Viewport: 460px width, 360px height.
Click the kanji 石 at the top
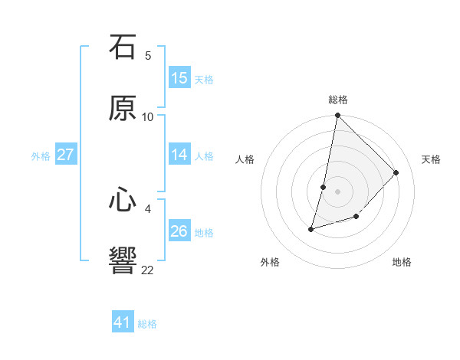coord(123,47)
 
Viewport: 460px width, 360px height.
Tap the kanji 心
coord(123,200)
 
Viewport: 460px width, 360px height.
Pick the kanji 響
coord(123,261)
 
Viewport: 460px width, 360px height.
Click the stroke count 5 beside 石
coord(148,56)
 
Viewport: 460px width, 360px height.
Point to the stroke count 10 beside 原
coord(148,117)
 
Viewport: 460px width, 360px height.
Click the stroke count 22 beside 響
coord(148,270)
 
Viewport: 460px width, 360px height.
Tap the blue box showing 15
coord(179,78)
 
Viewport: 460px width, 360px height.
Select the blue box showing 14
coord(179,155)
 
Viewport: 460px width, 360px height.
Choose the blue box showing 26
coord(179,231)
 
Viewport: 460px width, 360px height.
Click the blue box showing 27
coord(65,155)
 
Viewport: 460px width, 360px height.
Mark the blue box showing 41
coord(123,322)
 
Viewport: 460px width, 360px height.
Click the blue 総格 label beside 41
coord(147,324)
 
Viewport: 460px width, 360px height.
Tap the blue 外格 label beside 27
coord(41,156)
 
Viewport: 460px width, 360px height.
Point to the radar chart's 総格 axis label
coord(338,100)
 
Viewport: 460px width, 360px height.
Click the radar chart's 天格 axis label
coord(431,159)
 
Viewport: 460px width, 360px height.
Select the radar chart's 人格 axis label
coord(245,159)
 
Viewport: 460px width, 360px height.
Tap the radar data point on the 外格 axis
coord(311,229)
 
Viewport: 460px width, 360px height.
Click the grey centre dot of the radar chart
coord(338,191)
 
